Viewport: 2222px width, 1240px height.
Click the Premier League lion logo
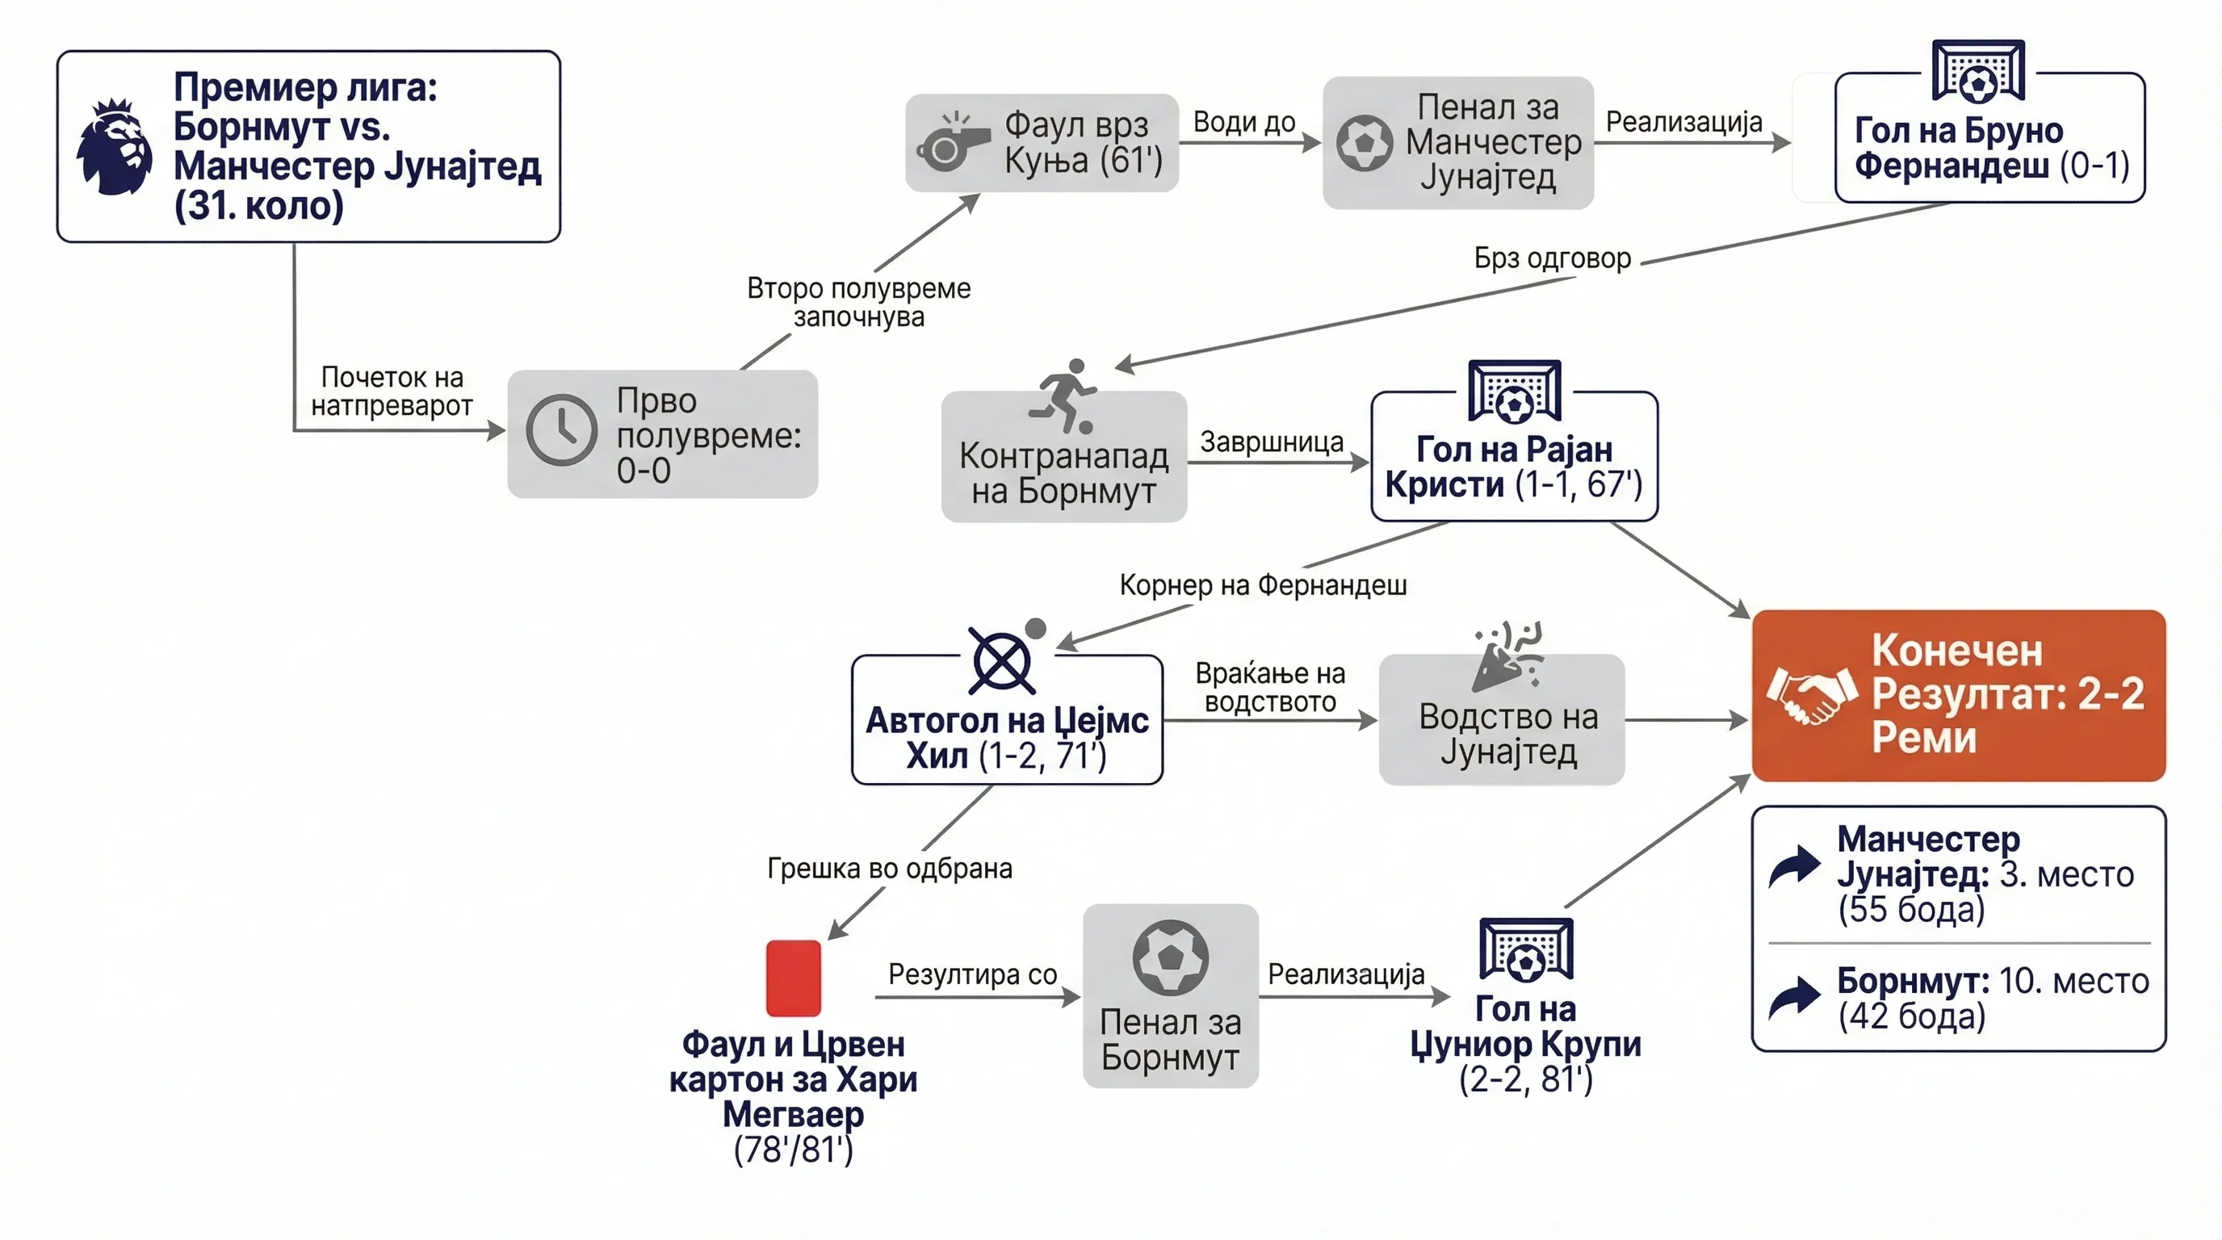[x=114, y=147]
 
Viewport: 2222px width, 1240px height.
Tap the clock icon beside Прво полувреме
[x=561, y=430]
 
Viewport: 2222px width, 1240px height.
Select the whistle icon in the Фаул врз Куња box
[x=952, y=142]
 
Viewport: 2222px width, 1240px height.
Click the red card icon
[x=794, y=978]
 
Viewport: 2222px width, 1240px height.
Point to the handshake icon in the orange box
[x=1811, y=696]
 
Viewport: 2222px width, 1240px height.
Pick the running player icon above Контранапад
[x=1063, y=396]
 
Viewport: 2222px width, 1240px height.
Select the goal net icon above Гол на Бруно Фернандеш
[x=1978, y=71]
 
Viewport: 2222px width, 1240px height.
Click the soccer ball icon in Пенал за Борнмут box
[x=1171, y=957]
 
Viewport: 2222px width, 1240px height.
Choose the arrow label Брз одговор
[x=1553, y=258]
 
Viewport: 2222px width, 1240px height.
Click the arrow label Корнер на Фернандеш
[x=1263, y=584]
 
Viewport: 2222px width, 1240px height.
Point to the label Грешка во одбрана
[x=889, y=868]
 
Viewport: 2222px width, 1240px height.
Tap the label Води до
[x=1244, y=123]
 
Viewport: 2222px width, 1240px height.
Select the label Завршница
[x=1272, y=442]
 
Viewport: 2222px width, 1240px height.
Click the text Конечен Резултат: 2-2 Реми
[x=2007, y=694]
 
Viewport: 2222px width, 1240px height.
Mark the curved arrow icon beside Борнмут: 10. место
[x=1794, y=998]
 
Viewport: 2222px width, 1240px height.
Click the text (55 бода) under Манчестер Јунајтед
[x=1910, y=909]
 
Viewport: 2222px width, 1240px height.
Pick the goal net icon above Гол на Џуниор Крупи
[x=1526, y=949]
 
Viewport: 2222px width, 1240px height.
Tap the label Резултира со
[x=972, y=974]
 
